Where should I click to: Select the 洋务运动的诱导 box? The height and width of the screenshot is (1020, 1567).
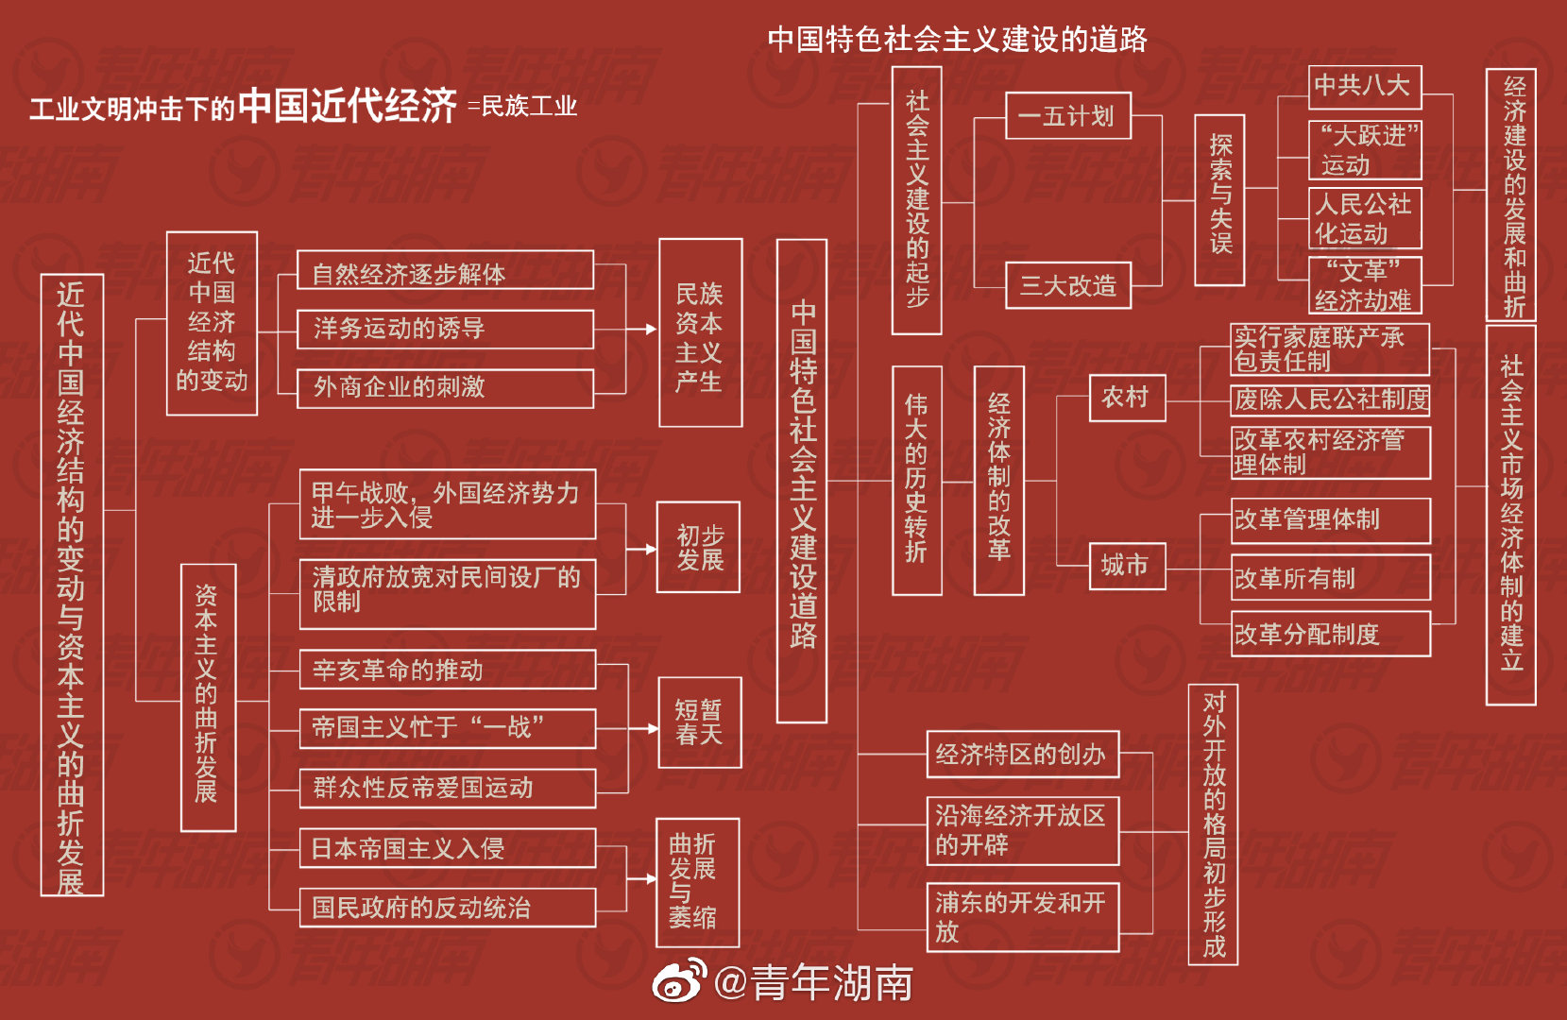point(445,329)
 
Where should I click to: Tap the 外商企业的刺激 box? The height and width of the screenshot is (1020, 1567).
point(445,387)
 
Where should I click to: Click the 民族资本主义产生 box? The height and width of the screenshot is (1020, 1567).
point(700,332)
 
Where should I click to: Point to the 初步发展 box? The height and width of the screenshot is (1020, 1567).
point(698,548)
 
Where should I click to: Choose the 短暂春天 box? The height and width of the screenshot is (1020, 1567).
point(699,722)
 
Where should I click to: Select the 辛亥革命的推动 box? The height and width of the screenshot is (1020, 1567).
point(447,670)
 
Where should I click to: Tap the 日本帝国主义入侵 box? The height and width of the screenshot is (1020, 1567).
point(447,848)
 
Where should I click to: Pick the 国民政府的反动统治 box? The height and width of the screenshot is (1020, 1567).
point(447,908)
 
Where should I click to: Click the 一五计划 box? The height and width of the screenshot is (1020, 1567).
point(1067,116)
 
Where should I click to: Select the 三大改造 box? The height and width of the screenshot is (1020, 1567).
point(1067,285)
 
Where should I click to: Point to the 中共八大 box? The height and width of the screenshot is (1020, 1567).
point(1364,86)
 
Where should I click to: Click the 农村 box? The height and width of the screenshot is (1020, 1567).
point(1127,398)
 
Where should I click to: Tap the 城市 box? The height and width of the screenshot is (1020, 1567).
point(1127,565)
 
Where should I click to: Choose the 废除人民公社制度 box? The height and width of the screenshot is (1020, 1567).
point(1330,399)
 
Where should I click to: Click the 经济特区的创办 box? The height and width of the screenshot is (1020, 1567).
point(1022,754)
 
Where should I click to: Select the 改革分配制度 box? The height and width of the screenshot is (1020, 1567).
point(1330,634)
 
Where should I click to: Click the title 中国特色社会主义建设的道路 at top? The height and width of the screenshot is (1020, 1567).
point(957,39)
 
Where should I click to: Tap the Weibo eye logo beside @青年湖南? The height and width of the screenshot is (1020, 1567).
point(679,981)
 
